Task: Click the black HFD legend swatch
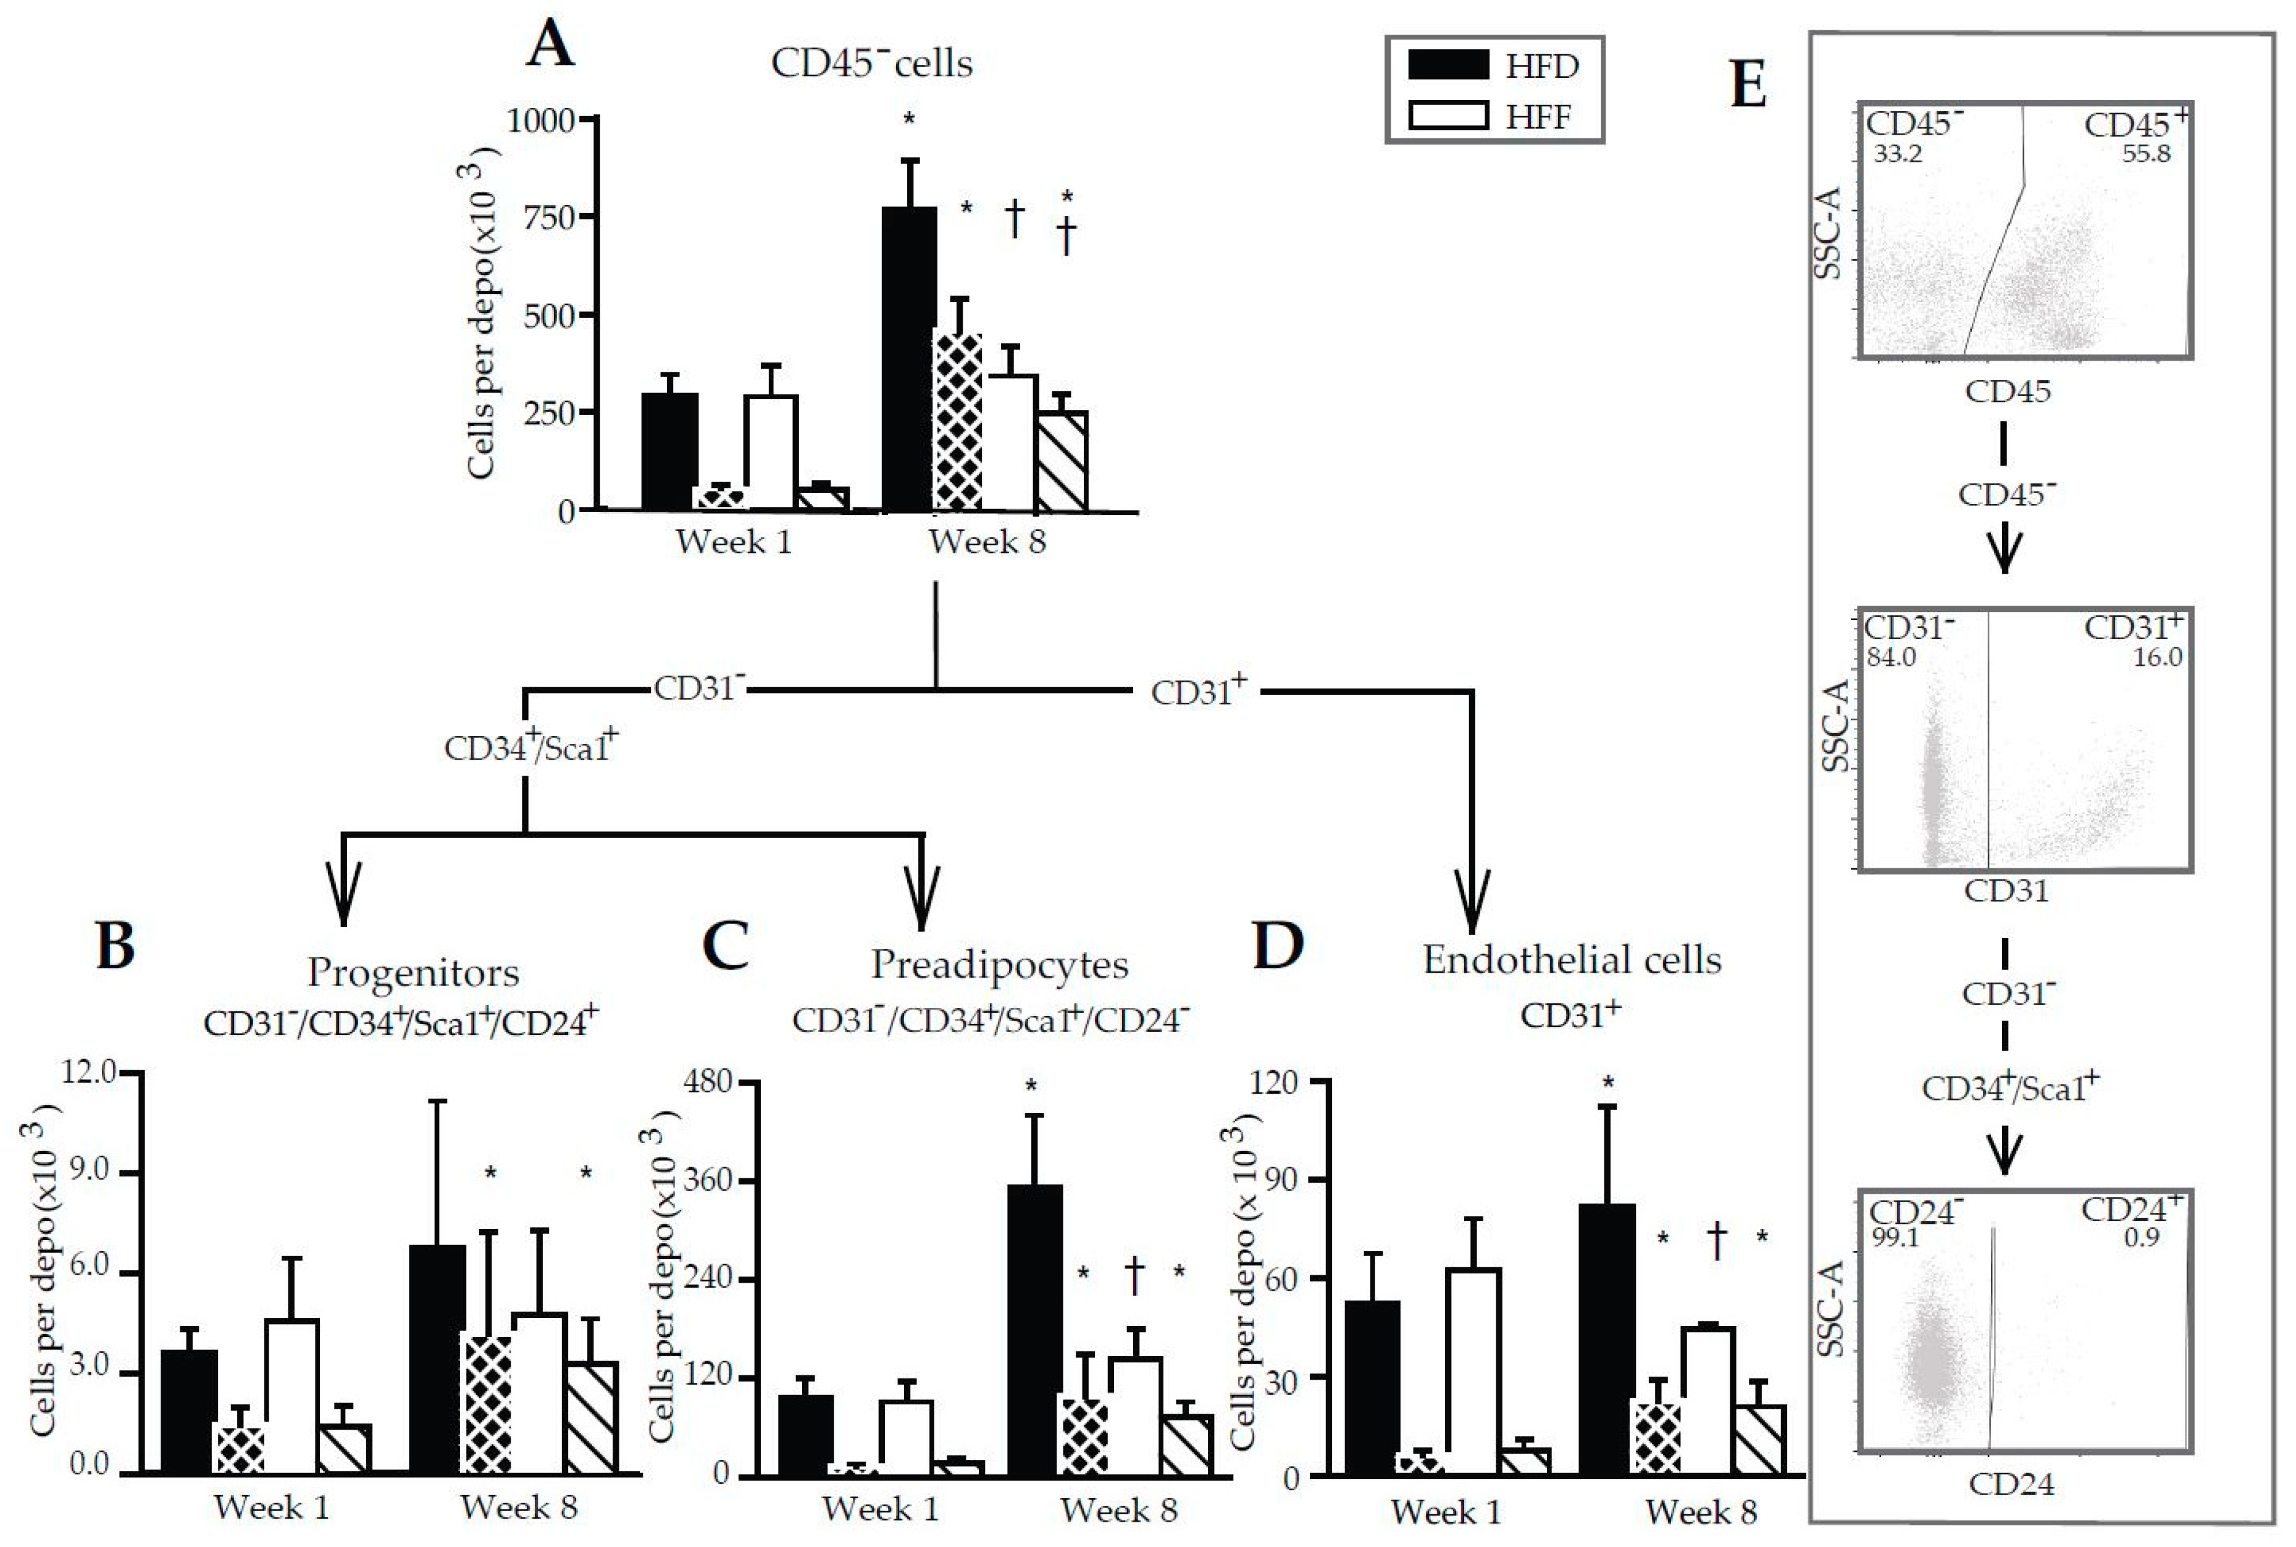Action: click(1448, 65)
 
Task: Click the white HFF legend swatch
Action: click(1448, 117)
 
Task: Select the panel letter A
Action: click(550, 46)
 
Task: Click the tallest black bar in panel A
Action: click(908, 360)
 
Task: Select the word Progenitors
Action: click(413, 973)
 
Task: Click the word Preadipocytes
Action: click(999, 965)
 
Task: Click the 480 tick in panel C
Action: click(709, 1083)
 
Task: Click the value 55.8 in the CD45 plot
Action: click(2146, 154)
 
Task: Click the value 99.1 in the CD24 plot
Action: click(1895, 1236)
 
